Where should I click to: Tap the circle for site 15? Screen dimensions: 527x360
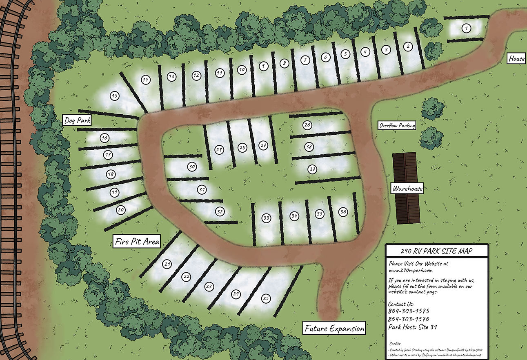pyautogui.click(x=115, y=96)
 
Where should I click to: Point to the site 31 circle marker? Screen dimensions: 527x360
pyautogui.click(x=201, y=189)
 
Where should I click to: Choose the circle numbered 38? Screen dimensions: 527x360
pyautogui.click(x=309, y=147)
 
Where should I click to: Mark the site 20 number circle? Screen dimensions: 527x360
pyautogui.click(x=121, y=210)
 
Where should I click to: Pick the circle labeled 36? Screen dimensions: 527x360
pyautogui.click(x=343, y=211)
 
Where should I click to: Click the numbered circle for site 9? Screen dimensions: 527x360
pyautogui.click(x=264, y=65)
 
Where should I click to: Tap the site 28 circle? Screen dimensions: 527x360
pyautogui.click(x=243, y=147)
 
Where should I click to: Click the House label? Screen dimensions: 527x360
pyautogui.click(x=516, y=59)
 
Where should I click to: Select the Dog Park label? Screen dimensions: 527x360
pyautogui.click(x=77, y=120)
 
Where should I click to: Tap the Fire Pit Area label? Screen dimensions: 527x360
pyautogui.click(x=137, y=242)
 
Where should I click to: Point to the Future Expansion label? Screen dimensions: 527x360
pyautogui.click(x=334, y=329)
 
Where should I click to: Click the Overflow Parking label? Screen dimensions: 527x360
pyautogui.click(x=397, y=126)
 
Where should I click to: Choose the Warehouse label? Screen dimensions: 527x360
pyautogui.click(x=407, y=189)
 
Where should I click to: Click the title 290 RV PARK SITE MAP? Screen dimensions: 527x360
pyautogui.click(x=436, y=251)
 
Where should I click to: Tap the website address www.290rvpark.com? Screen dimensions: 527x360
pyautogui.click(x=411, y=270)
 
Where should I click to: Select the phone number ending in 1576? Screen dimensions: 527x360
pyautogui.click(x=409, y=319)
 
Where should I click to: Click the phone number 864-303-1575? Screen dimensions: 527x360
pyautogui.click(x=409, y=311)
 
